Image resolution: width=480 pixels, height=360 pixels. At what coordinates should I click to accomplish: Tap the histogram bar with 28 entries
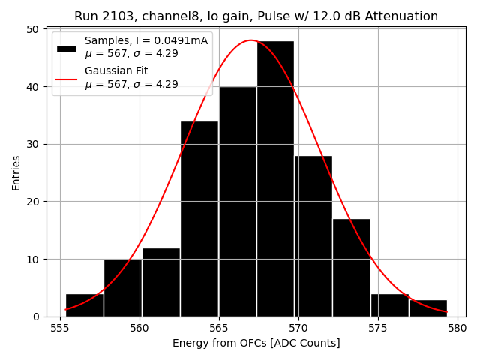tap(313, 235)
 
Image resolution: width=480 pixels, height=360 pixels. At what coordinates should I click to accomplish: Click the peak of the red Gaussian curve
tap(251, 40)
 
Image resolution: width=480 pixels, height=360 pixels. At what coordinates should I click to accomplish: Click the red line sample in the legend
tap(66, 78)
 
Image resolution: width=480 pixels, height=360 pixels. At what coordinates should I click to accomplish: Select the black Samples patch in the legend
tap(66, 47)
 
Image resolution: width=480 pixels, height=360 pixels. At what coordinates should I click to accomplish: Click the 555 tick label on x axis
tap(61, 328)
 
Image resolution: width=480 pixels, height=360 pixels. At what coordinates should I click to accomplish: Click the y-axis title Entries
tap(16, 172)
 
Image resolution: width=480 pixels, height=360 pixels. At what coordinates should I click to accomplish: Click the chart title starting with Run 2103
tap(256, 16)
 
